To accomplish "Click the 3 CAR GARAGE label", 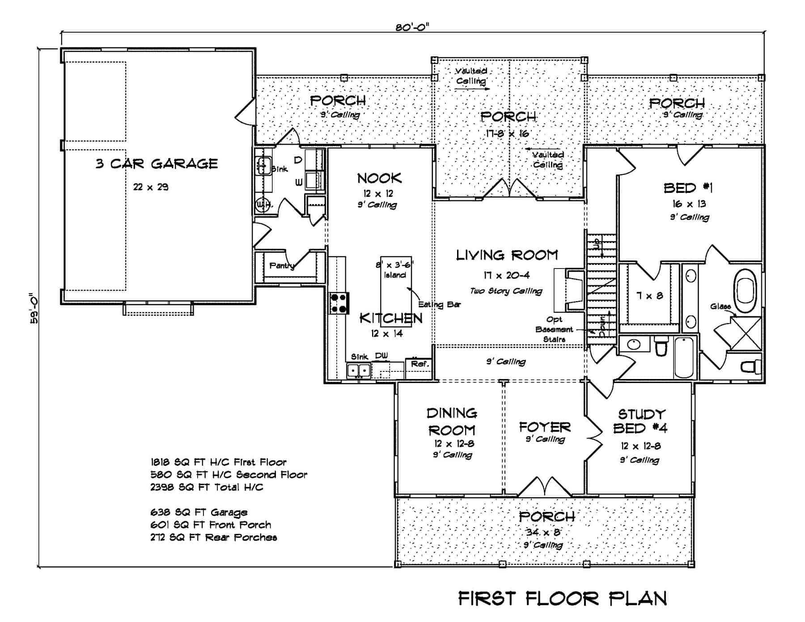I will tap(157, 164).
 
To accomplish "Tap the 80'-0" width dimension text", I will tap(412, 27).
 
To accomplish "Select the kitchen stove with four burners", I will tap(339, 303).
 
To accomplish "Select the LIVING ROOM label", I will tap(507, 255).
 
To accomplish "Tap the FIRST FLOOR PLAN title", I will tap(563, 598).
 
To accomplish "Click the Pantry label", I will tap(281, 266).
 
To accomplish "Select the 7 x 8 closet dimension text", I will tap(649, 296).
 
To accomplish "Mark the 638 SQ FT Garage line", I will tap(199, 512).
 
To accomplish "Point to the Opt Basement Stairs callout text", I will tap(554, 329).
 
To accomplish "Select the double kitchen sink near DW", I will tap(359, 371).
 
